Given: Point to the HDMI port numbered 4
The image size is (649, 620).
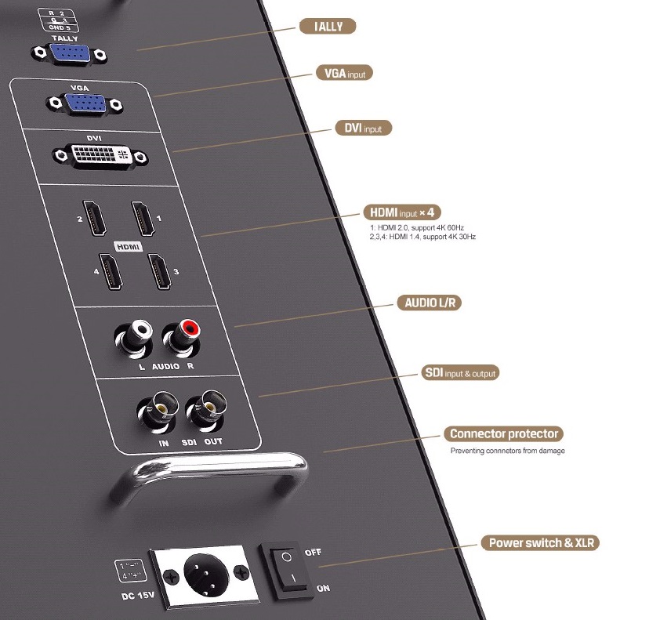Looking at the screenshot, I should click(x=111, y=273).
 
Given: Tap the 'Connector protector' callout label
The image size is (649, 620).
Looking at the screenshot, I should click(x=504, y=433).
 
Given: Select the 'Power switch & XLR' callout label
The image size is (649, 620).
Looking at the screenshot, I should click(x=543, y=542).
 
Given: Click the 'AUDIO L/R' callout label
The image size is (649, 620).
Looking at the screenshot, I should click(x=427, y=302).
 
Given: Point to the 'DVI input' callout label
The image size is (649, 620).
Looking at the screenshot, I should click(x=363, y=127).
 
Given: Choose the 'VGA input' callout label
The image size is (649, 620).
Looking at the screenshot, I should click(x=344, y=73).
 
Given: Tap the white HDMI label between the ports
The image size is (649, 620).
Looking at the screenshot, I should click(x=127, y=246).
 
